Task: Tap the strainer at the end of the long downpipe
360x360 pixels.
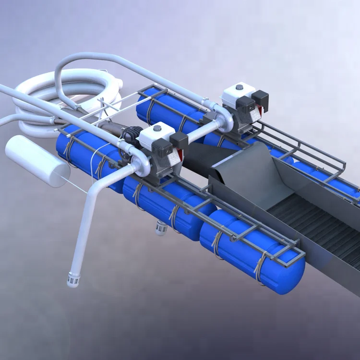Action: click(73, 279)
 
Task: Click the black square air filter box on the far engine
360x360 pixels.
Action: click(260, 97)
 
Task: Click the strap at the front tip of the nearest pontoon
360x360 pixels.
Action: click(262, 266)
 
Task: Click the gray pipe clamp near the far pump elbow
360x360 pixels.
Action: click(205, 102)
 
